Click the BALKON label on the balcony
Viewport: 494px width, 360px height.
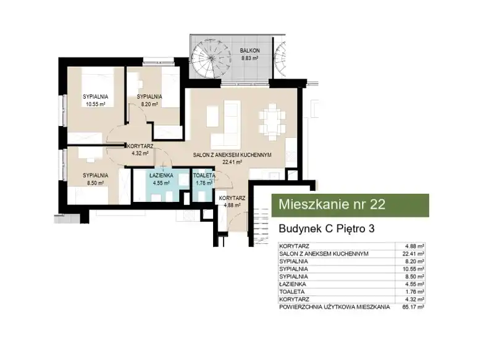[250, 51]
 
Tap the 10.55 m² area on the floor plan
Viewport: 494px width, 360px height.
[96, 104]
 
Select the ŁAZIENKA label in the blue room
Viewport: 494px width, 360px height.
[161, 175]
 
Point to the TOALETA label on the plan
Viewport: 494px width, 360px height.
[204, 175]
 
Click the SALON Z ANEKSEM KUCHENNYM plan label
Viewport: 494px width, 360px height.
[232, 155]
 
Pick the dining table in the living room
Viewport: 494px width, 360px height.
[272, 122]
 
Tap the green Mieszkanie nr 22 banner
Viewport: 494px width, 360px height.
[350, 206]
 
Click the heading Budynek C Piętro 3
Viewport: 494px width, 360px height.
[327, 228]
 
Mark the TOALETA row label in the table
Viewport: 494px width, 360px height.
[291, 291]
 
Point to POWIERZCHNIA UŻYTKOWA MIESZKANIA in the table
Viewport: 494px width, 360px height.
[335, 307]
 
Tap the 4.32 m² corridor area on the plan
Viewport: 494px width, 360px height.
[140, 154]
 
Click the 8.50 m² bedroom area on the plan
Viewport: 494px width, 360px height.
[96, 183]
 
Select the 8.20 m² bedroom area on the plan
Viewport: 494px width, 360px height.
[149, 104]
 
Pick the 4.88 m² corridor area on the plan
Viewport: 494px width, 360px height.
[232, 206]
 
